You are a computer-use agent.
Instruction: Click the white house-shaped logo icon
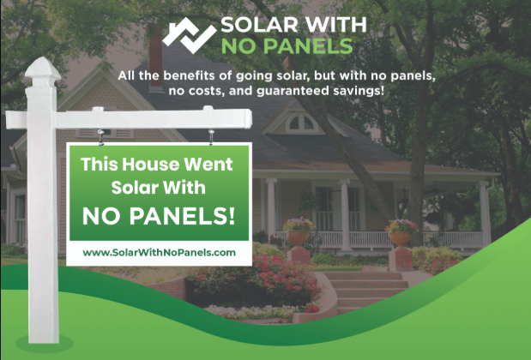coord(189,35)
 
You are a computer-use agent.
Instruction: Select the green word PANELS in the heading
coord(308,46)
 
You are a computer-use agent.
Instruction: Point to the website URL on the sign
coord(159,253)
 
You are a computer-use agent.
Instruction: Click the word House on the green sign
coord(151,165)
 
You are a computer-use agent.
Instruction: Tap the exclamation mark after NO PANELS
coord(232,216)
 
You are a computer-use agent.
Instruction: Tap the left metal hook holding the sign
coord(100,137)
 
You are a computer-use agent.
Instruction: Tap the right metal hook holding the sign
coord(211,137)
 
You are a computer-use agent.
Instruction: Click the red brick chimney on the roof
coord(155,57)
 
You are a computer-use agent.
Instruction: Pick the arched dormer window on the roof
coord(301,123)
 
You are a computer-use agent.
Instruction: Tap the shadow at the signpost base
coord(45,344)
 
